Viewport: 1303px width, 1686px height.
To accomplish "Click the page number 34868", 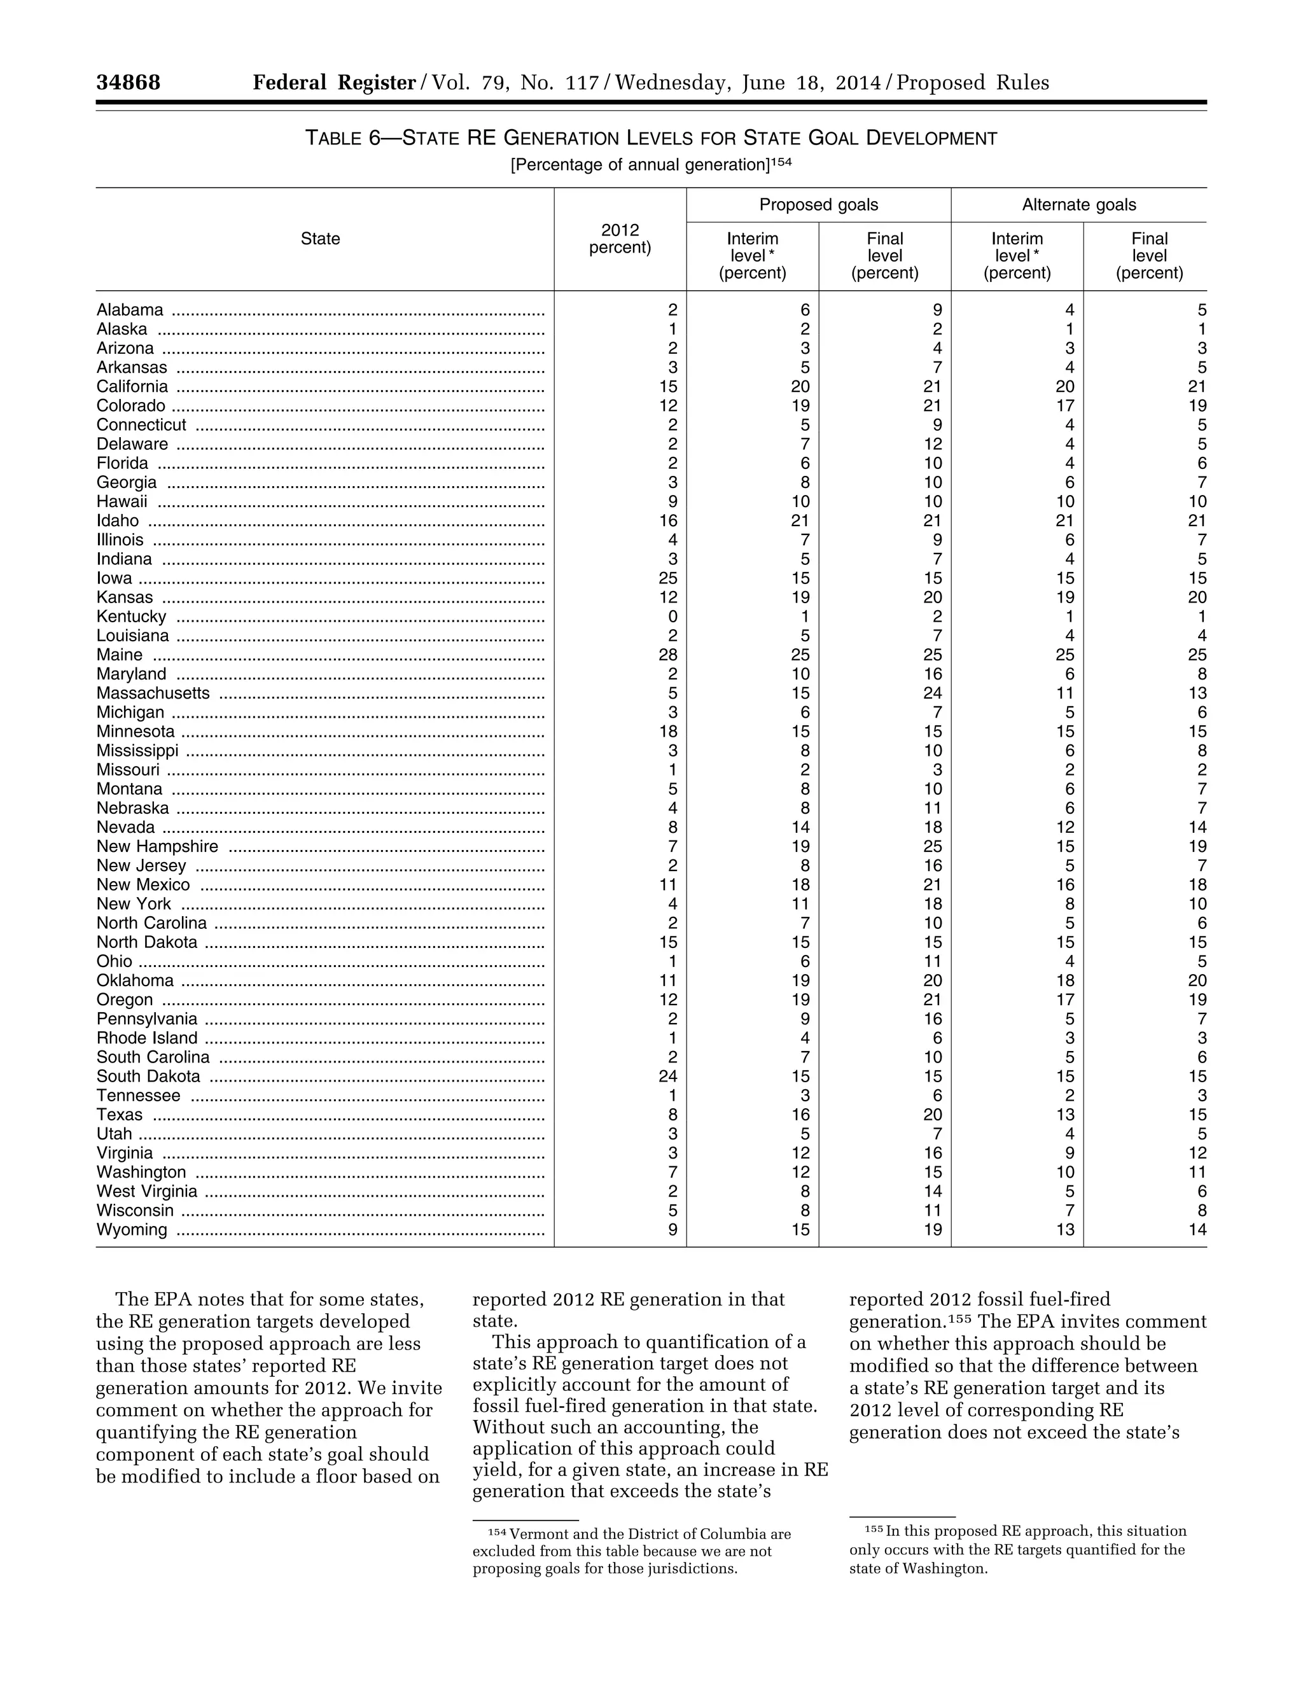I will [x=128, y=83].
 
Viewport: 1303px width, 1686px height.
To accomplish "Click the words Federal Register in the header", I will [x=334, y=83].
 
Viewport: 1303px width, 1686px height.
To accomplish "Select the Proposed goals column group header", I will [x=818, y=205].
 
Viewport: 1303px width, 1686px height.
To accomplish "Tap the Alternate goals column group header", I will [x=1078, y=205].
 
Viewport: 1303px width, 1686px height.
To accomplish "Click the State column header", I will [x=321, y=239].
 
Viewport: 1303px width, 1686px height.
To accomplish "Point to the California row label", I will [x=132, y=387].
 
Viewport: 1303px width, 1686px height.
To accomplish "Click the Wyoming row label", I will [x=132, y=1230].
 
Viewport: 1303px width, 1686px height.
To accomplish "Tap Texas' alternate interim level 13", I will [x=1064, y=1115].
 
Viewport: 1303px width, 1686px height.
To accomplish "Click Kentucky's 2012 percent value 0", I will [x=672, y=617].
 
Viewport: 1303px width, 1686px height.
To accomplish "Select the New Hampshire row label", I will [x=158, y=847].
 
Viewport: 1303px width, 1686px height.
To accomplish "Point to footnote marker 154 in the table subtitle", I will [x=781, y=162].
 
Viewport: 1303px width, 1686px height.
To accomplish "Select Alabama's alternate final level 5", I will [x=1201, y=310].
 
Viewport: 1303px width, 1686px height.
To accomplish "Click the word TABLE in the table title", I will [x=333, y=138].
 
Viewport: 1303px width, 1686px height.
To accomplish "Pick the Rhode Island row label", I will [x=147, y=1038].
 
